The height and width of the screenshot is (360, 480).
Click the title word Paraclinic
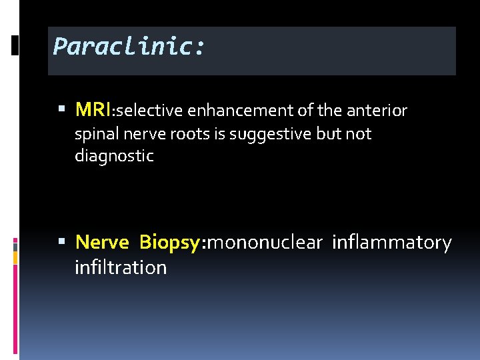click(129, 47)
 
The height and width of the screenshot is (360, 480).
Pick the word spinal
click(95, 134)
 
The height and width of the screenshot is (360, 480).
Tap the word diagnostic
click(114, 157)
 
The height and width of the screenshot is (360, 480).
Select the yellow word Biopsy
click(169, 243)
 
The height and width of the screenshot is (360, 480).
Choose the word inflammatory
click(392, 243)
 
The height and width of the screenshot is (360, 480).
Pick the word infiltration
click(121, 268)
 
